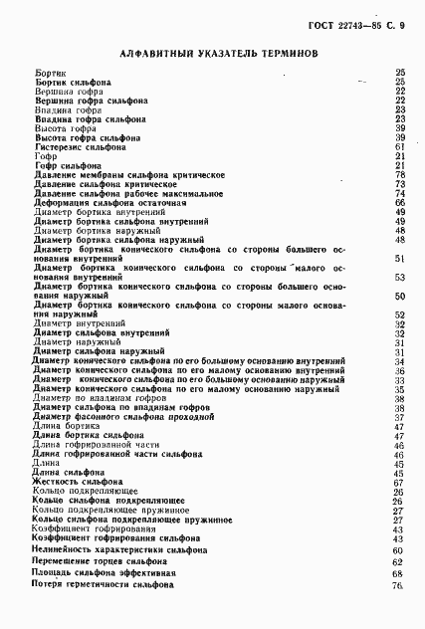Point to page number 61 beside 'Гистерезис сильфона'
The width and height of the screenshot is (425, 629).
398,146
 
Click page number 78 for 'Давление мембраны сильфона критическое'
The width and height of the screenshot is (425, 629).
398,174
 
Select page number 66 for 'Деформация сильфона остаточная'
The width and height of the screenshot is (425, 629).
398,202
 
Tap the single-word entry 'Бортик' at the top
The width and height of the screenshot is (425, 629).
49,73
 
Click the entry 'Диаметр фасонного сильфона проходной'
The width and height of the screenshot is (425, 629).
124,417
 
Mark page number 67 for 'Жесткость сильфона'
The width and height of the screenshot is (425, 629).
398,482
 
